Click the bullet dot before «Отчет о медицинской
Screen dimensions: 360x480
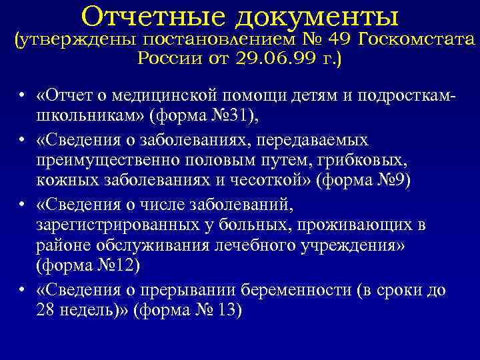23,95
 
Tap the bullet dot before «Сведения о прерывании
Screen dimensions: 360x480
23,291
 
